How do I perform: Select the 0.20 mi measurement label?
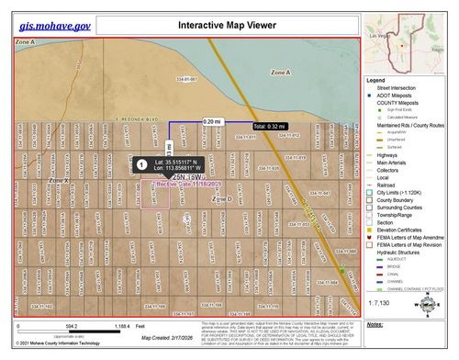[x=212, y=121]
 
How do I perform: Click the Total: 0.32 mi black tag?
[x=272, y=125]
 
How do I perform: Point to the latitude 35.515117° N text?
[x=182, y=161]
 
